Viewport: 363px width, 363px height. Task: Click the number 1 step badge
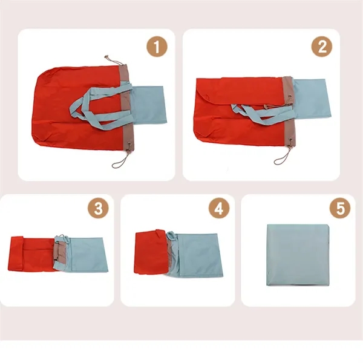coord(157,47)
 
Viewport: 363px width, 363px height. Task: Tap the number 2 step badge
coord(322,47)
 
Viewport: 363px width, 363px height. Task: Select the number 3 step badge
coord(98,208)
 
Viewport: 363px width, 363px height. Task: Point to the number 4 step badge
coord(219,208)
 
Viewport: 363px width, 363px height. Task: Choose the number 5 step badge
coord(340,208)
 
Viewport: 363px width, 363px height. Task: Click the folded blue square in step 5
coord(298,255)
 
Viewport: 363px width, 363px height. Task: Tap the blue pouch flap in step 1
coord(149,105)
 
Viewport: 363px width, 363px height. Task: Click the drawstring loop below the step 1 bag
coord(121,160)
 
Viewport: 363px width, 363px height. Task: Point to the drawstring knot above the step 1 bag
coord(106,57)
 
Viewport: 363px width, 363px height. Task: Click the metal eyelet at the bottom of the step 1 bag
coord(129,144)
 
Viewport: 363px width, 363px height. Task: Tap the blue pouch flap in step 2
coord(312,99)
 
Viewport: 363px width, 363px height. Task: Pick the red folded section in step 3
coord(33,253)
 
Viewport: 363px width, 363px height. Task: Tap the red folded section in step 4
coord(151,253)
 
